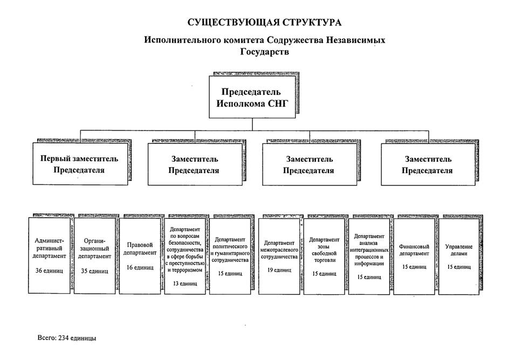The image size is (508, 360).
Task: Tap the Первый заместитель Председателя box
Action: (79, 164)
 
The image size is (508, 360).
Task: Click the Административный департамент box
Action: (50, 255)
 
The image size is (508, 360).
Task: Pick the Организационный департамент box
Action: (94, 255)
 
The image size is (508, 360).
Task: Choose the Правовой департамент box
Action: (140, 255)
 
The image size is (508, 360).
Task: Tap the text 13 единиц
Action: (184, 283)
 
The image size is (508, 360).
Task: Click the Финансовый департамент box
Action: (414, 255)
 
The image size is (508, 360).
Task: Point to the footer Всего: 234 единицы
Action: (67, 338)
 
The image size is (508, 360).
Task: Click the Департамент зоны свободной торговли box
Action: (324, 255)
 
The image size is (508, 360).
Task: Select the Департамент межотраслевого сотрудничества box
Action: (279, 255)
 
